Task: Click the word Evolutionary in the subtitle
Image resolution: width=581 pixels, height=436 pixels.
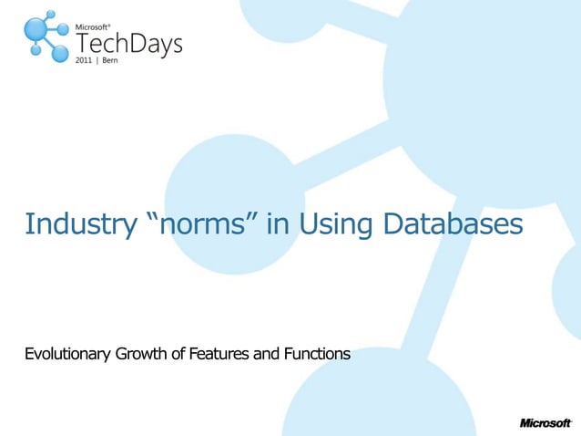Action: click(67, 354)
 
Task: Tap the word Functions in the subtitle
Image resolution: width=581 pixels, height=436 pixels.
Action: click(315, 354)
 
